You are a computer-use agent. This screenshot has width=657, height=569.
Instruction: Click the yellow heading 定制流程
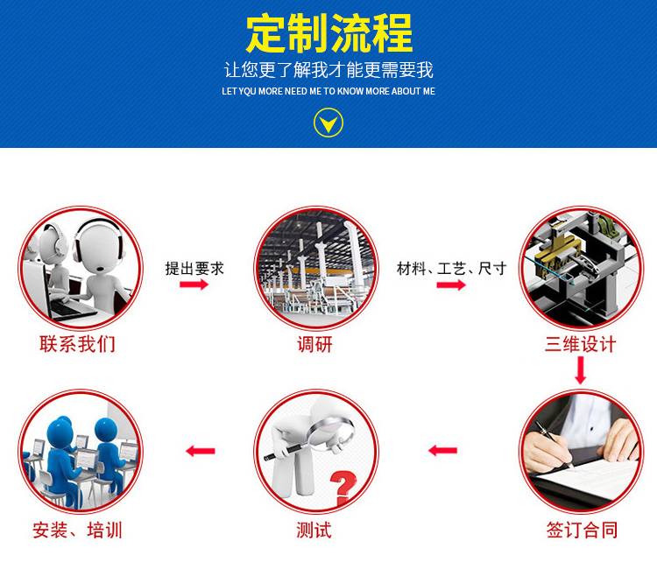[328, 33]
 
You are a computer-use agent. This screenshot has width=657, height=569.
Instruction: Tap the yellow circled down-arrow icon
[328, 123]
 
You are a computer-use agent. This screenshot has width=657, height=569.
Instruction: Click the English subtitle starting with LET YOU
[328, 91]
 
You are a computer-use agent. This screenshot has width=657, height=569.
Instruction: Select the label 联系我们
[77, 344]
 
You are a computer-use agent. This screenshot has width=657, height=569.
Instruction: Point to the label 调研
[315, 345]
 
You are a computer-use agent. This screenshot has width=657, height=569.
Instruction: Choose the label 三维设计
[580, 344]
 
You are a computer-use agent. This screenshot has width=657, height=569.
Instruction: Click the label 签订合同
[582, 530]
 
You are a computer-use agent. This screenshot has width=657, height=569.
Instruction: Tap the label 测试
[314, 530]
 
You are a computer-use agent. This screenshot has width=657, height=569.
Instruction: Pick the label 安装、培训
[77, 530]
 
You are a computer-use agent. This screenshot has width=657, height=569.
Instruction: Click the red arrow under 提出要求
[194, 284]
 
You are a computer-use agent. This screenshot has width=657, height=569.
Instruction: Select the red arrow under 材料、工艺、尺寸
[451, 285]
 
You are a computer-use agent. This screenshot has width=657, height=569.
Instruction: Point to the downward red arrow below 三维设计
[580, 370]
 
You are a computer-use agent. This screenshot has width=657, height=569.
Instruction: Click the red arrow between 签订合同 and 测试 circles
[443, 451]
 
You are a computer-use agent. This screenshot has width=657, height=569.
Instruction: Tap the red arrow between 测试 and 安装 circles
[201, 451]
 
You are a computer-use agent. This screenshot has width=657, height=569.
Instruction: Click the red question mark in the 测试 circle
[343, 488]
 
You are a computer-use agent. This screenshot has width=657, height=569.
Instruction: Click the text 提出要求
[194, 269]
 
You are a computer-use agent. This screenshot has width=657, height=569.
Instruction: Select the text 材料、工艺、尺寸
[452, 269]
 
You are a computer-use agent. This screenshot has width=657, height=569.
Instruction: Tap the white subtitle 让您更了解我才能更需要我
[328, 69]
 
